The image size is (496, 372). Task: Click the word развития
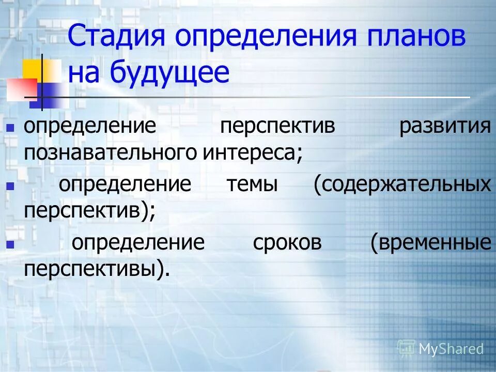click(445, 127)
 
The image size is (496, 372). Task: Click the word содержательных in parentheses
click(401, 184)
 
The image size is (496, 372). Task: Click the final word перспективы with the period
click(97, 269)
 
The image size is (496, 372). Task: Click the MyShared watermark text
click(451, 349)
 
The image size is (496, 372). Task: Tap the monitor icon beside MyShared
click(407, 348)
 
